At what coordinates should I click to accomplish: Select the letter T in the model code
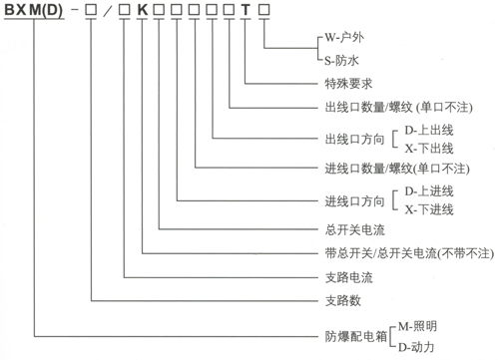(247, 13)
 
